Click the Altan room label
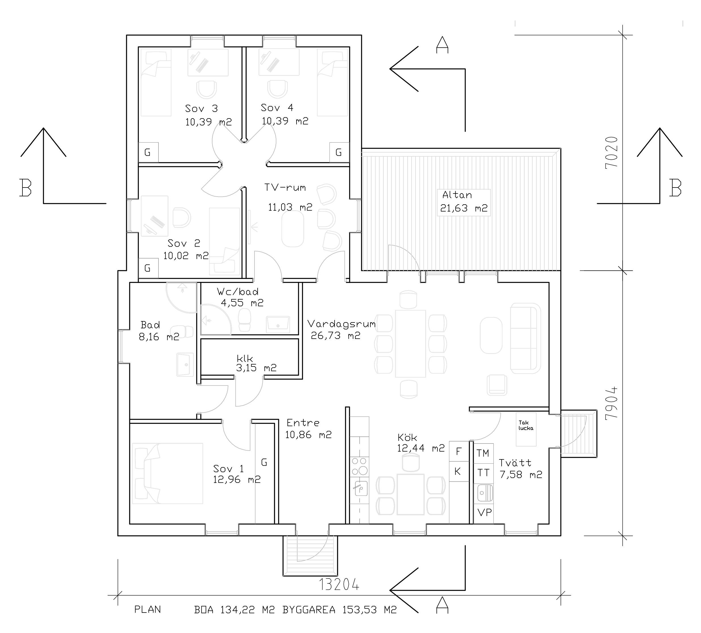tap(457, 195)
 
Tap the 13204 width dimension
tap(339, 585)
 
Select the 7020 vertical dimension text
tap(611, 153)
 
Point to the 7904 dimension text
tap(611, 403)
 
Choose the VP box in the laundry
tap(483, 512)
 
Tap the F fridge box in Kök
tap(459, 451)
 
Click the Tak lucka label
tap(526, 425)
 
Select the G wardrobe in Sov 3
tap(148, 152)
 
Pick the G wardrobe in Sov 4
tap(339, 152)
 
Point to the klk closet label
tap(245, 359)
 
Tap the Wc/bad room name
tap(238, 291)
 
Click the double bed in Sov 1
tap(167, 473)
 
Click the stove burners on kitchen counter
tap(360, 467)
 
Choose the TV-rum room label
tap(285, 188)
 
